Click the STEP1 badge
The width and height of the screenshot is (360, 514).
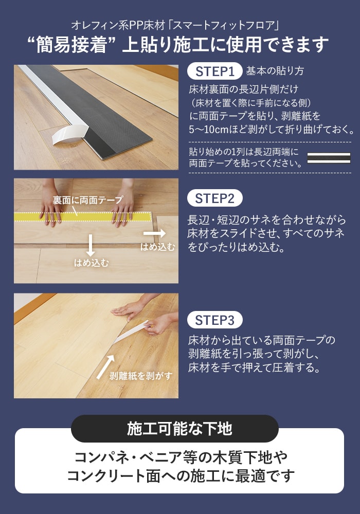coord(215,71)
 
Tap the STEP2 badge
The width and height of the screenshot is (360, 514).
coord(215,198)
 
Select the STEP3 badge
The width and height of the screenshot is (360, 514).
coord(215,320)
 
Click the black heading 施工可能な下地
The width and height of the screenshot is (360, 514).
coord(179,428)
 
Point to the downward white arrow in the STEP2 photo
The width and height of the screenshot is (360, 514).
coord(90,245)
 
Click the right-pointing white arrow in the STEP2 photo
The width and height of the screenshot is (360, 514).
coord(154,233)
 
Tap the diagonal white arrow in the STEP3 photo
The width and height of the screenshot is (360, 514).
coord(105,367)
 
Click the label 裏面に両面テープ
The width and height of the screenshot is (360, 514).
coord(88,199)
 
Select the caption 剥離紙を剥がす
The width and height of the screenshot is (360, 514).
coord(141,376)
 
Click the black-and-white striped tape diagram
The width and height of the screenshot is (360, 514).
coord(329,158)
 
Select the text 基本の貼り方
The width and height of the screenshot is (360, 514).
coord(275,71)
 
